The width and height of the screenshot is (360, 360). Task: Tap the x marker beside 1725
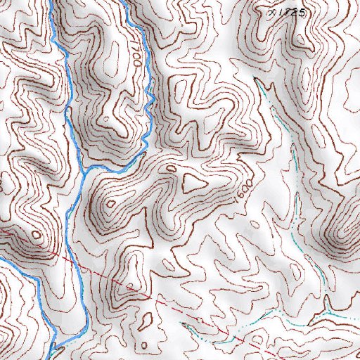(x=272, y=12)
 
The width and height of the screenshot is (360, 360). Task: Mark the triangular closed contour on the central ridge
(x=192, y=184)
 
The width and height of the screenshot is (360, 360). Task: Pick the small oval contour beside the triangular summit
(x=171, y=168)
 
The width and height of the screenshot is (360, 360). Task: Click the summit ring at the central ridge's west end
(x=110, y=204)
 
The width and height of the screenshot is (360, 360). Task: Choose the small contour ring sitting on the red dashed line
(x=129, y=285)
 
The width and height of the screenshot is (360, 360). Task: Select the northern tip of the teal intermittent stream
(x=258, y=80)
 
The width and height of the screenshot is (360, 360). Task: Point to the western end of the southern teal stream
(x=182, y=324)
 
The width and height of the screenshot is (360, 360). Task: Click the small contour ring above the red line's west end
(x=35, y=234)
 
